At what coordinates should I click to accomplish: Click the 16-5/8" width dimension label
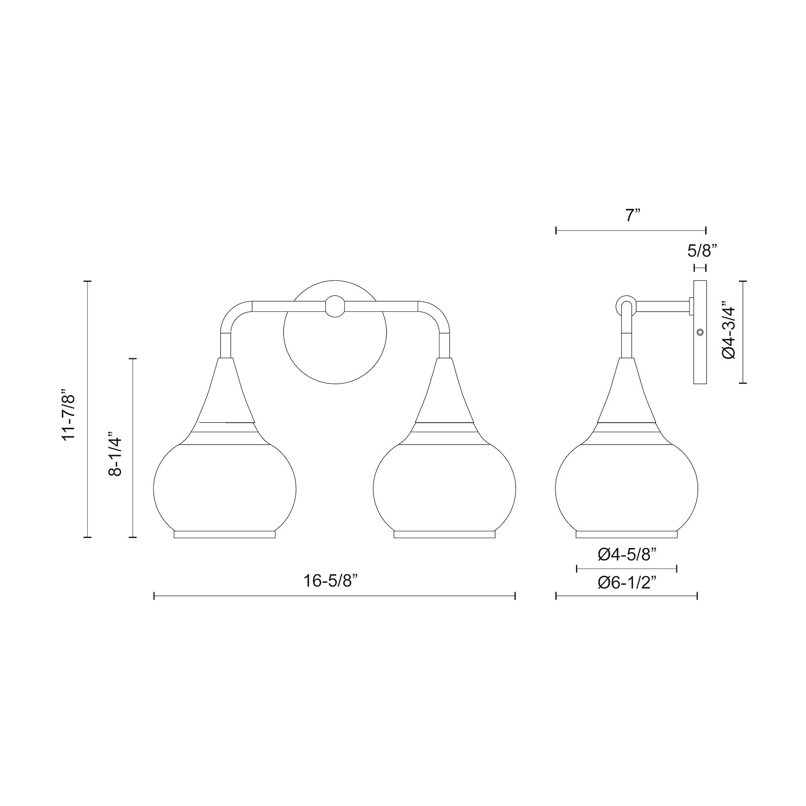[331, 581]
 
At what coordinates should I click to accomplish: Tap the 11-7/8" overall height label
[69, 414]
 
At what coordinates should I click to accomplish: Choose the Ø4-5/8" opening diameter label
[627, 555]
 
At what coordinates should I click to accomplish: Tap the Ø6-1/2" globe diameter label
[627, 583]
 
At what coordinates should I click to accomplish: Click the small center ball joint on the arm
[335, 306]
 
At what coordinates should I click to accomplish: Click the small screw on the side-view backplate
[700, 332]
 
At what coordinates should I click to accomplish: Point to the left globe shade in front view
[225, 488]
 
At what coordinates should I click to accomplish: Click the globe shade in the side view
[627, 488]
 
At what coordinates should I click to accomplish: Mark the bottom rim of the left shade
[225, 534]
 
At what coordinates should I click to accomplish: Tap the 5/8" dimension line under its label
[700, 268]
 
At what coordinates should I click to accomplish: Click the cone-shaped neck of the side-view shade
[627, 392]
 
